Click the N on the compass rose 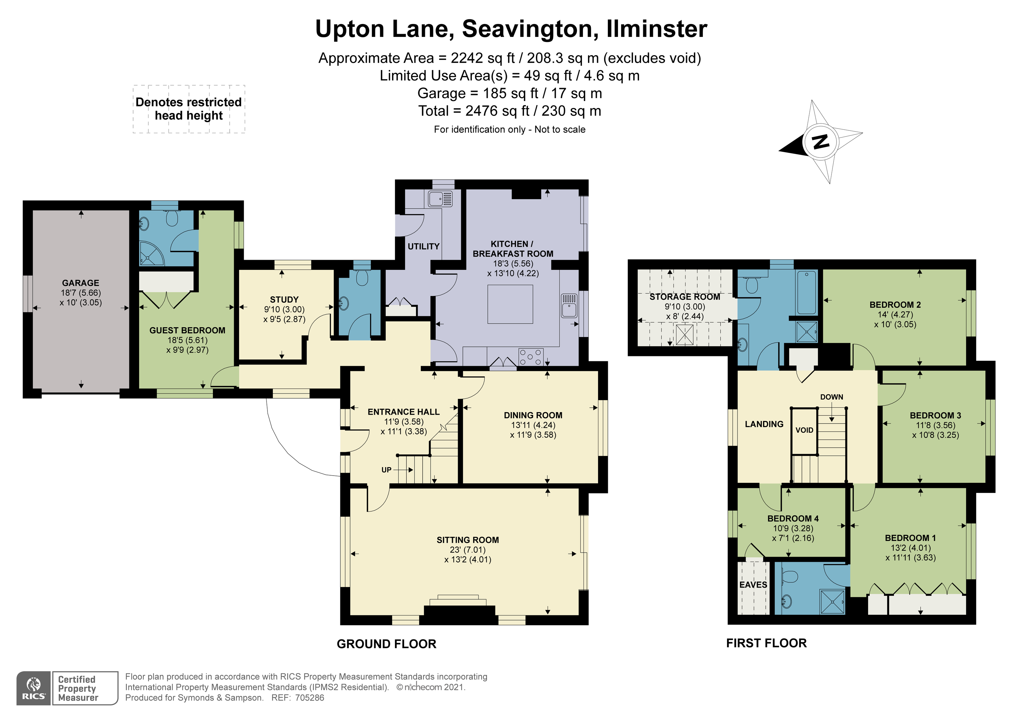(x=820, y=142)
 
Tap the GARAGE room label (x=80, y=283)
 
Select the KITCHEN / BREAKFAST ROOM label (x=513, y=249)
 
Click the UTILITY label (x=423, y=246)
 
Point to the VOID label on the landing (x=804, y=430)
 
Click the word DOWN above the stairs (x=831, y=397)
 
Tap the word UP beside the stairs (x=386, y=470)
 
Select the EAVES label (x=753, y=584)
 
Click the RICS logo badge (x=34, y=688)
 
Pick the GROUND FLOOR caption (x=386, y=644)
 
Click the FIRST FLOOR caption (x=766, y=643)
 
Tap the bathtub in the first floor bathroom (x=807, y=293)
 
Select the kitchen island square (x=510, y=304)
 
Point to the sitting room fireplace (x=458, y=608)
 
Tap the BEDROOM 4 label (x=793, y=519)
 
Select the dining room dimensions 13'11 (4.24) (x=533, y=425)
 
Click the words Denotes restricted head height (x=189, y=109)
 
